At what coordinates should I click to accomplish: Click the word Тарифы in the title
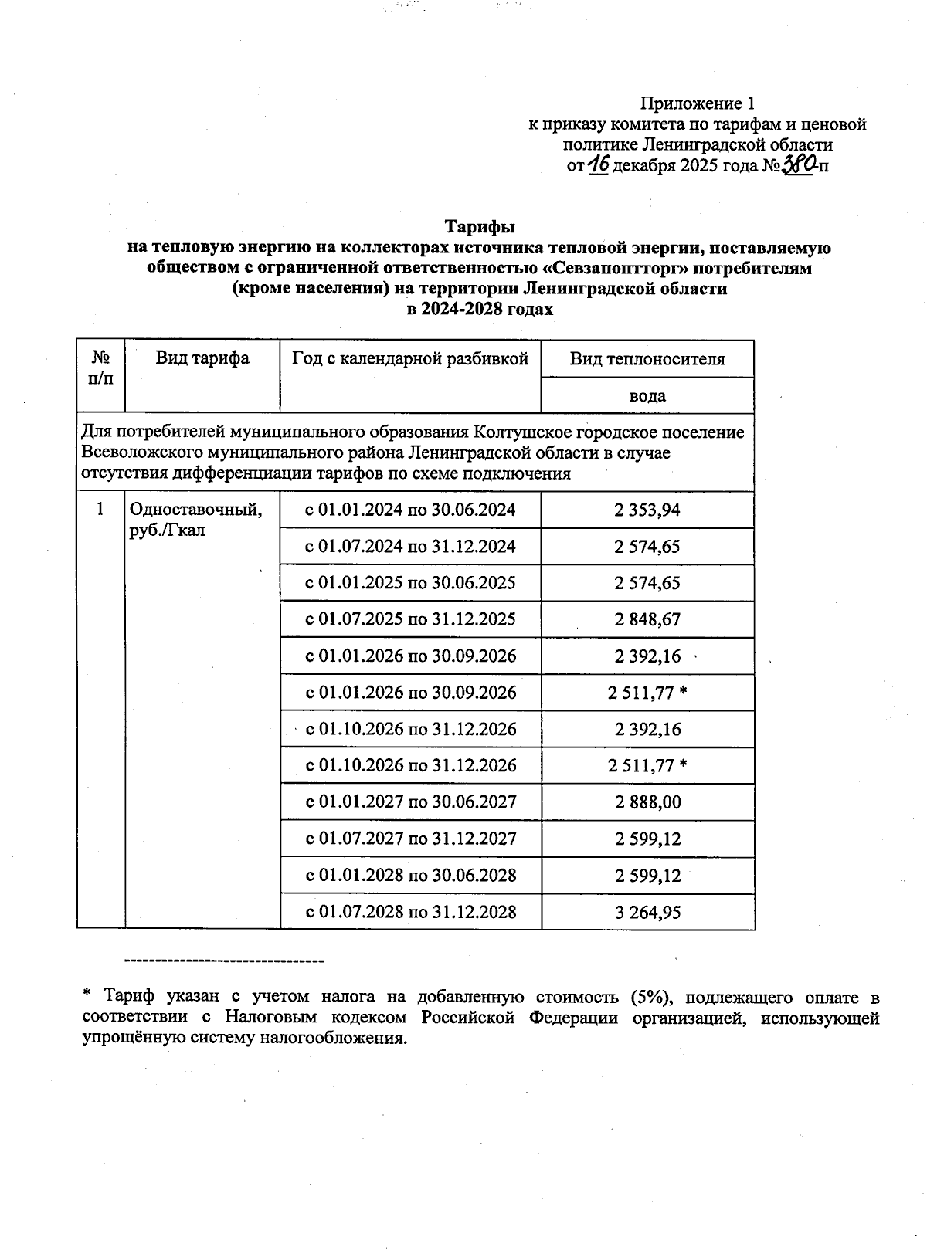tap(479, 227)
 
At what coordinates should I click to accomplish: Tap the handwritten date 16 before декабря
tap(599, 164)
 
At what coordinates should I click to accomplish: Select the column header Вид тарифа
tap(202, 358)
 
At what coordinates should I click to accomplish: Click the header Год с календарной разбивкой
tap(410, 358)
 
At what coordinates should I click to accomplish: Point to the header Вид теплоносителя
tap(647, 359)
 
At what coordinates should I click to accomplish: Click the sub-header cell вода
tap(647, 396)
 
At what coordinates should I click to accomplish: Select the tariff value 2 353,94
tap(647, 510)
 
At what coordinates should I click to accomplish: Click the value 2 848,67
tap(647, 620)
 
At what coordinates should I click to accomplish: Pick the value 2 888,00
tap(647, 802)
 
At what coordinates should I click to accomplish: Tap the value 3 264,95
tap(647, 912)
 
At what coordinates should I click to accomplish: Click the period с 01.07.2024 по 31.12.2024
tap(410, 547)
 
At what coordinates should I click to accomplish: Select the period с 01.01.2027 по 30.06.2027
tap(410, 802)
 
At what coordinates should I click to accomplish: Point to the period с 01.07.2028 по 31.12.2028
tap(410, 912)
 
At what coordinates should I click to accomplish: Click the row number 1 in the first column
tap(100, 510)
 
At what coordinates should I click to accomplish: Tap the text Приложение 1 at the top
tap(697, 103)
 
